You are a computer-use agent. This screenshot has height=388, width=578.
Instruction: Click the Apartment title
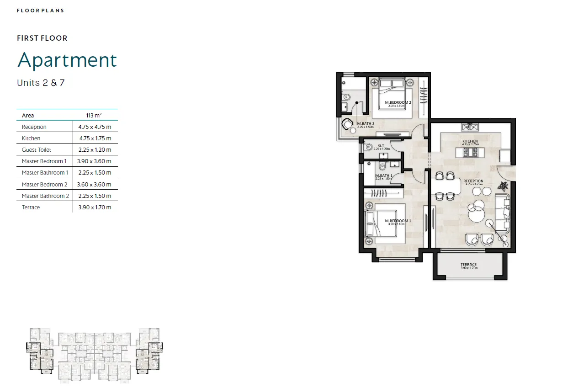(x=67, y=61)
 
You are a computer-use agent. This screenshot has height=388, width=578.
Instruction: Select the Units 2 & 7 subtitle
(x=41, y=83)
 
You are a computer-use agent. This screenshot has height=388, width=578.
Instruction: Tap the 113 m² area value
(x=94, y=116)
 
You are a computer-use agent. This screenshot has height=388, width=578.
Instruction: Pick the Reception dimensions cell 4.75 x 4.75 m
(x=95, y=127)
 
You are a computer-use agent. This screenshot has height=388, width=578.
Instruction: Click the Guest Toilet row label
(x=37, y=150)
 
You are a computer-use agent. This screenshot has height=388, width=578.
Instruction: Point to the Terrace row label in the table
(x=31, y=207)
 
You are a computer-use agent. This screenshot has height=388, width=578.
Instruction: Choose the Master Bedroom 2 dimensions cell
(x=95, y=185)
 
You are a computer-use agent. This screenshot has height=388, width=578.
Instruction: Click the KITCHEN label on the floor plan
(x=470, y=142)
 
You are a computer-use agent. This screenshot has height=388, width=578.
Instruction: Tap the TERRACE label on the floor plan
(x=468, y=265)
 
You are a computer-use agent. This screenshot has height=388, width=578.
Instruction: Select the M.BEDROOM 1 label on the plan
(x=398, y=221)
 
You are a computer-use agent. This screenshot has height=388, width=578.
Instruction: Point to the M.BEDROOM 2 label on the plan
(x=398, y=102)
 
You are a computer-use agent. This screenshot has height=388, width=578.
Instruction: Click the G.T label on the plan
(x=380, y=146)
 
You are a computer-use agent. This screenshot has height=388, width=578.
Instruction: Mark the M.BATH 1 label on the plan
(x=383, y=175)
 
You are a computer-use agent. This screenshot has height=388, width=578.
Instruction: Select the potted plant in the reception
(x=503, y=186)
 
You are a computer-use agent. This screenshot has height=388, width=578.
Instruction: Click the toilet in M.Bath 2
(x=346, y=96)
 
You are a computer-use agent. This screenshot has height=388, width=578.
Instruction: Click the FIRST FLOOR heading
(x=42, y=38)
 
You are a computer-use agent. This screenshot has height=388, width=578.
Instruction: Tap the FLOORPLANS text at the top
(x=40, y=11)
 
